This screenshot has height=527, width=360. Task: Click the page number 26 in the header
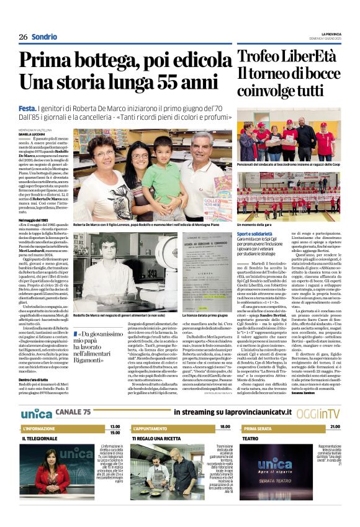pos(23,37)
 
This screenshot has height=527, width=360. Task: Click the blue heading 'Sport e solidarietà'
pos(255,232)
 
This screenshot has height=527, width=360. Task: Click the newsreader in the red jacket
pos(52,478)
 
